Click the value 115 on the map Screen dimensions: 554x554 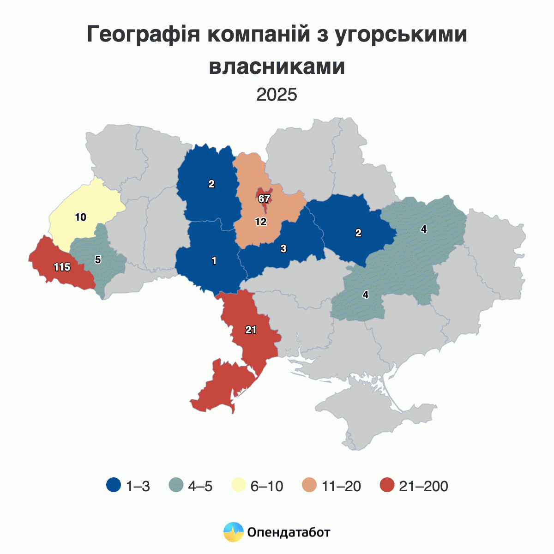click(x=61, y=267)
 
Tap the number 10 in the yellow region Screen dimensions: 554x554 click(x=81, y=217)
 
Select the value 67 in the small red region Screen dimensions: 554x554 click(x=264, y=199)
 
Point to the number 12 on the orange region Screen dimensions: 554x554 click(x=261, y=222)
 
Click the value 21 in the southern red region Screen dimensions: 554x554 click(x=251, y=330)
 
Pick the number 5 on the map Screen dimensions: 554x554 click(x=98, y=259)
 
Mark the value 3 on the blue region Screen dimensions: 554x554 click(x=283, y=248)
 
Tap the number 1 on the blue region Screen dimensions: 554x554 click(x=214, y=261)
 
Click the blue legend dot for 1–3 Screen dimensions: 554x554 click(x=113, y=486)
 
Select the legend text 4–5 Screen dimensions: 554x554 click(x=200, y=486)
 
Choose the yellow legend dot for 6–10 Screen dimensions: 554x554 click(x=238, y=486)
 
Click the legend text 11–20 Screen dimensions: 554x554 click(x=342, y=486)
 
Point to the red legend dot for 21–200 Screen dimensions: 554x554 click(x=387, y=486)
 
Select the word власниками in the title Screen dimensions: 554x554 click(x=277, y=66)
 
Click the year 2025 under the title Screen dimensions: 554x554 click(x=277, y=95)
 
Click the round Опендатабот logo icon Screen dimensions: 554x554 click(x=233, y=532)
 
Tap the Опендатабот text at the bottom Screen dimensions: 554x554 click(x=289, y=532)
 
